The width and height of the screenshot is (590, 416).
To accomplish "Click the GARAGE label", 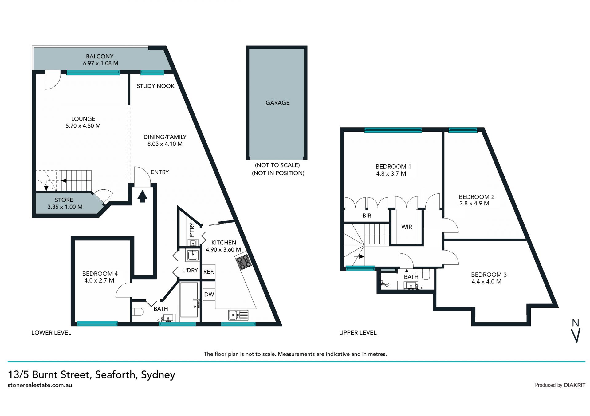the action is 277,103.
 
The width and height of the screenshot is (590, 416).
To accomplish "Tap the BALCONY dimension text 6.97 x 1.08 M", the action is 100,63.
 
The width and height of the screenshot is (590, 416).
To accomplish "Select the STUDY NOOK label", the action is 155,86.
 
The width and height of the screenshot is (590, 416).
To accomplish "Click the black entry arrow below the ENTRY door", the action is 142,196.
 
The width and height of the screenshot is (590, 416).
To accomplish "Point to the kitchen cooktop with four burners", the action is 244,261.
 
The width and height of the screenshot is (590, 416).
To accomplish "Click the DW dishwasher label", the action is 209,294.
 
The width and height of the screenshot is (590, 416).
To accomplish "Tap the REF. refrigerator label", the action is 209,272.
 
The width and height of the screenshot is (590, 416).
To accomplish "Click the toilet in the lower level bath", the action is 138,312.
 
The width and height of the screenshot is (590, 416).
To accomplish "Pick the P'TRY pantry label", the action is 192,230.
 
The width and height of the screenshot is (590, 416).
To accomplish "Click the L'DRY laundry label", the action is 190,270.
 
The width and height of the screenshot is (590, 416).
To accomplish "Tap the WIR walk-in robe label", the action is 407,227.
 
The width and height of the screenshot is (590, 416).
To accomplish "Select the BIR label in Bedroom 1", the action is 367,216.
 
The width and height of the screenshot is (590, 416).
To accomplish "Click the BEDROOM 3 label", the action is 489,275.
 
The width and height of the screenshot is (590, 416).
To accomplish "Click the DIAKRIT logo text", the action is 575,385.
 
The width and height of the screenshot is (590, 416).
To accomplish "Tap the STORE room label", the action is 64,200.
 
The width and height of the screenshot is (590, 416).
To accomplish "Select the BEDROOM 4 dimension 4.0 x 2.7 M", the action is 99,280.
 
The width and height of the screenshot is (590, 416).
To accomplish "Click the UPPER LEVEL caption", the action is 358,333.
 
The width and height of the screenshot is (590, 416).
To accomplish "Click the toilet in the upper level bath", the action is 426,274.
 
